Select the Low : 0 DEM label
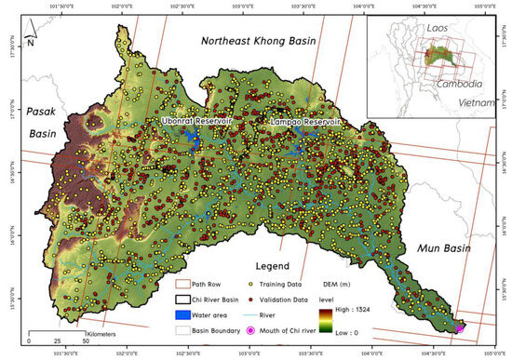397,330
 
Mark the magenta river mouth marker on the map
458,327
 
